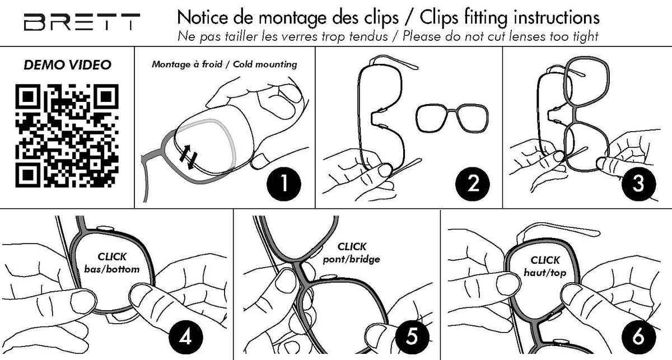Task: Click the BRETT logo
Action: (x=82, y=22)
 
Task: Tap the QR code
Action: (x=67, y=135)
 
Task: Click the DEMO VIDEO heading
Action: (x=68, y=65)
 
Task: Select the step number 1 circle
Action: (x=283, y=184)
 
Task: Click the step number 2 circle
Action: (x=473, y=184)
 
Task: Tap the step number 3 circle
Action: (x=638, y=184)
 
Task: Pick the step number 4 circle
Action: (x=186, y=338)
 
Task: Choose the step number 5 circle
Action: (x=412, y=337)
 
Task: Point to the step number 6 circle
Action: (x=638, y=338)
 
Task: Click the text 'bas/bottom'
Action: (x=112, y=269)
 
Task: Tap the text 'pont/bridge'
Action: (x=351, y=259)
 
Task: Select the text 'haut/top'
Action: (x=545, y=273)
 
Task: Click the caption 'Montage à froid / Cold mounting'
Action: (x=225, y=64)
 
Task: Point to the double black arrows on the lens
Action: (x=189, y=157)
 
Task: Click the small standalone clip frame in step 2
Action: (x=452, y=118)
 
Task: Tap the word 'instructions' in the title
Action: (x=556, y=18)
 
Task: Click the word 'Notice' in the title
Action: (x=203, y=17)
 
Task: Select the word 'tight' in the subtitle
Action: (x=585, y=37)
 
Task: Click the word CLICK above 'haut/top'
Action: (x=545, y=260)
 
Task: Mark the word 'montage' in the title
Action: (x=293, y=18)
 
